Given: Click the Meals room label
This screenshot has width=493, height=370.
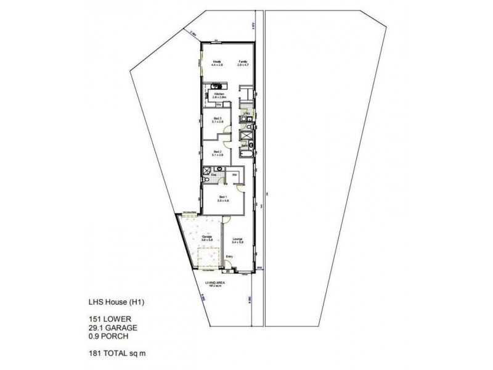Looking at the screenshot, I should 217,62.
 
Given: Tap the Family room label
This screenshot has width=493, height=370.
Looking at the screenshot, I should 243,62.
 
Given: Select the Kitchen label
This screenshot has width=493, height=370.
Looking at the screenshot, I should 218,94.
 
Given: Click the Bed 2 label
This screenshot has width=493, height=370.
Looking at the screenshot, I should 217,152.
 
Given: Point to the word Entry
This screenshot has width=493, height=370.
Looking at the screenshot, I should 229,257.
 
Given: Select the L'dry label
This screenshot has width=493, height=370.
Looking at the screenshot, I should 245,113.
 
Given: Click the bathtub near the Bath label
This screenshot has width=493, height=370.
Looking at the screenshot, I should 246,152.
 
